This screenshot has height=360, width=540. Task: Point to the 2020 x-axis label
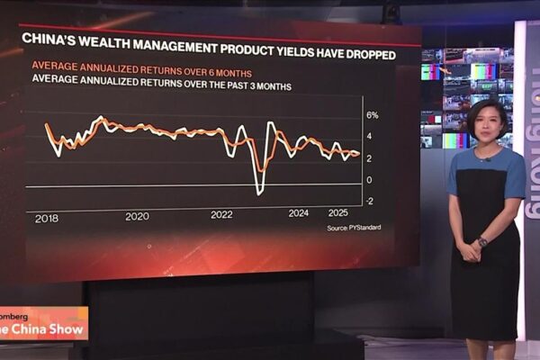[137, 216]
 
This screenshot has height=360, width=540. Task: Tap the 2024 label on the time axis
[299, 213]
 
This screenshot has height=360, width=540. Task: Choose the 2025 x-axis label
[338, 212]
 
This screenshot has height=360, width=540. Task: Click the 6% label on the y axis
[372, 115]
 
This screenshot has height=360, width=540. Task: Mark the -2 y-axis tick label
[369, 200]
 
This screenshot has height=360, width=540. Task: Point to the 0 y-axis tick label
[368, 179]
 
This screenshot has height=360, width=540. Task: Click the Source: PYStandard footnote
[354, 227]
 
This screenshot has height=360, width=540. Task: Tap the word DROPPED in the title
[391, 54]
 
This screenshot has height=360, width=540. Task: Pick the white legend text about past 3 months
[162, 86]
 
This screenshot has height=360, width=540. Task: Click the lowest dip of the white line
[259, 192]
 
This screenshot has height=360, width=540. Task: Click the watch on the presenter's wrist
[482, 241]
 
